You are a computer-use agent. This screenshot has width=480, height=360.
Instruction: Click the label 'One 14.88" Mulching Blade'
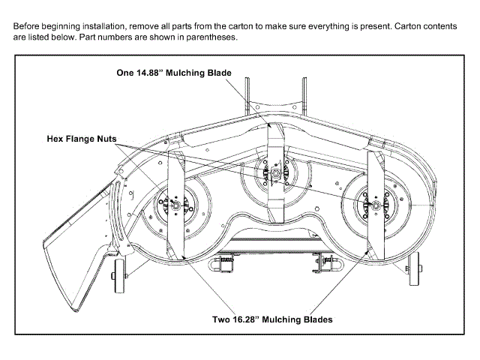pos(173,73)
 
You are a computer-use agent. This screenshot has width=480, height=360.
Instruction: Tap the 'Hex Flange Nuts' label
pos(80,138)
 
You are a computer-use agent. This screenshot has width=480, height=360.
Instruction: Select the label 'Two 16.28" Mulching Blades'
pos(271,319)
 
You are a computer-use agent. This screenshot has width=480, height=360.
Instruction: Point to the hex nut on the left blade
pos(173,202)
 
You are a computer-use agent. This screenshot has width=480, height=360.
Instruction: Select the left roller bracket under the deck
pos(223,265)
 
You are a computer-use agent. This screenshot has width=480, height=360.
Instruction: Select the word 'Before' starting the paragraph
pos(28,25)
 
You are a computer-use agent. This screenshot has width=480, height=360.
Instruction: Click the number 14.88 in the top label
pos(151,73)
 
